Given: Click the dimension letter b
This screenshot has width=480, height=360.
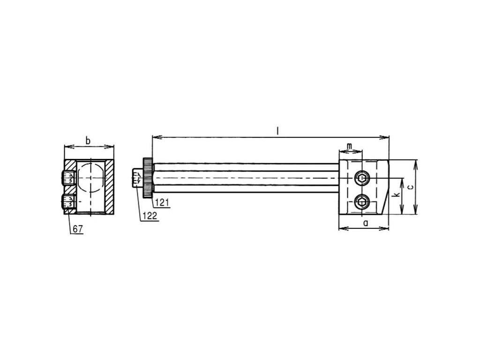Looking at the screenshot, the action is click(88, 141).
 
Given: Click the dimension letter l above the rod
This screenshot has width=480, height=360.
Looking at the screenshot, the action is click(277, 131).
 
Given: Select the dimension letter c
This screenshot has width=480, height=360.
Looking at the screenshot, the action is click(411, 187).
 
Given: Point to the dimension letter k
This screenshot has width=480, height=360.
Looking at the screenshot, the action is click(396, 195).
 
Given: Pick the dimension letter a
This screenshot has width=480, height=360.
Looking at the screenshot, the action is click(366, 223).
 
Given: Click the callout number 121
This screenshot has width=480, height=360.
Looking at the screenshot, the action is click(162, 202).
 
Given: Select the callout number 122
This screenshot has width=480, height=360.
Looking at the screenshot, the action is click(150, 216).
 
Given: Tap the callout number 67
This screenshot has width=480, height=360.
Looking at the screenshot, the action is click(78, 229).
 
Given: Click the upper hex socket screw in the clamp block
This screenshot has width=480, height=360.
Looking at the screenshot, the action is click(361, 178).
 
